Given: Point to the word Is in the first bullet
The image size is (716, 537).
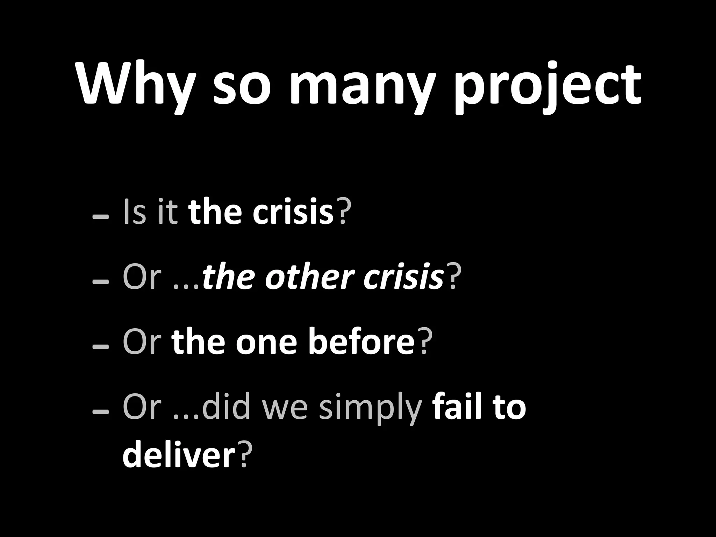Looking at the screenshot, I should (135, 212).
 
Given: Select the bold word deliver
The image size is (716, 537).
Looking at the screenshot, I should (179, 454).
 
